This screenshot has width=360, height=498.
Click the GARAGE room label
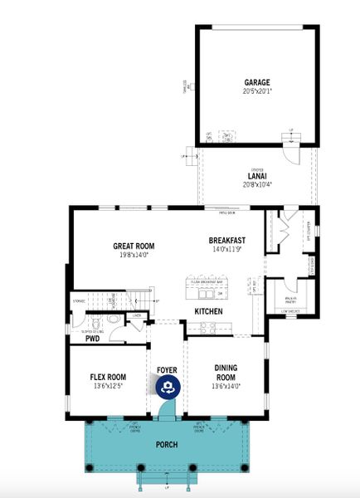point(257,82)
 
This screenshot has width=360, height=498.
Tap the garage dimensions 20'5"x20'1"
point(257,90)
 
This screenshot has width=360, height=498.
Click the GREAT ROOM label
point(134,246)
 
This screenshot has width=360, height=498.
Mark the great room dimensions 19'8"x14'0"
point(134,254)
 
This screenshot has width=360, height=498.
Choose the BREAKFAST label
point(228,241)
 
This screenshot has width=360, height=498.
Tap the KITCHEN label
point(208,310)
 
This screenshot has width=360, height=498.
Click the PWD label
point(92,339)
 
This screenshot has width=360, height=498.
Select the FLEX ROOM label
point(108,377)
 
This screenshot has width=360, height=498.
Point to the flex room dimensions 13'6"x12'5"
point(108,385)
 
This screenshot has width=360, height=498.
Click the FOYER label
point(167,369)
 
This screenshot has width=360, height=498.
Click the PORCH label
point(168,444)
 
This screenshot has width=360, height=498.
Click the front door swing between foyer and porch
point(167,407)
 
